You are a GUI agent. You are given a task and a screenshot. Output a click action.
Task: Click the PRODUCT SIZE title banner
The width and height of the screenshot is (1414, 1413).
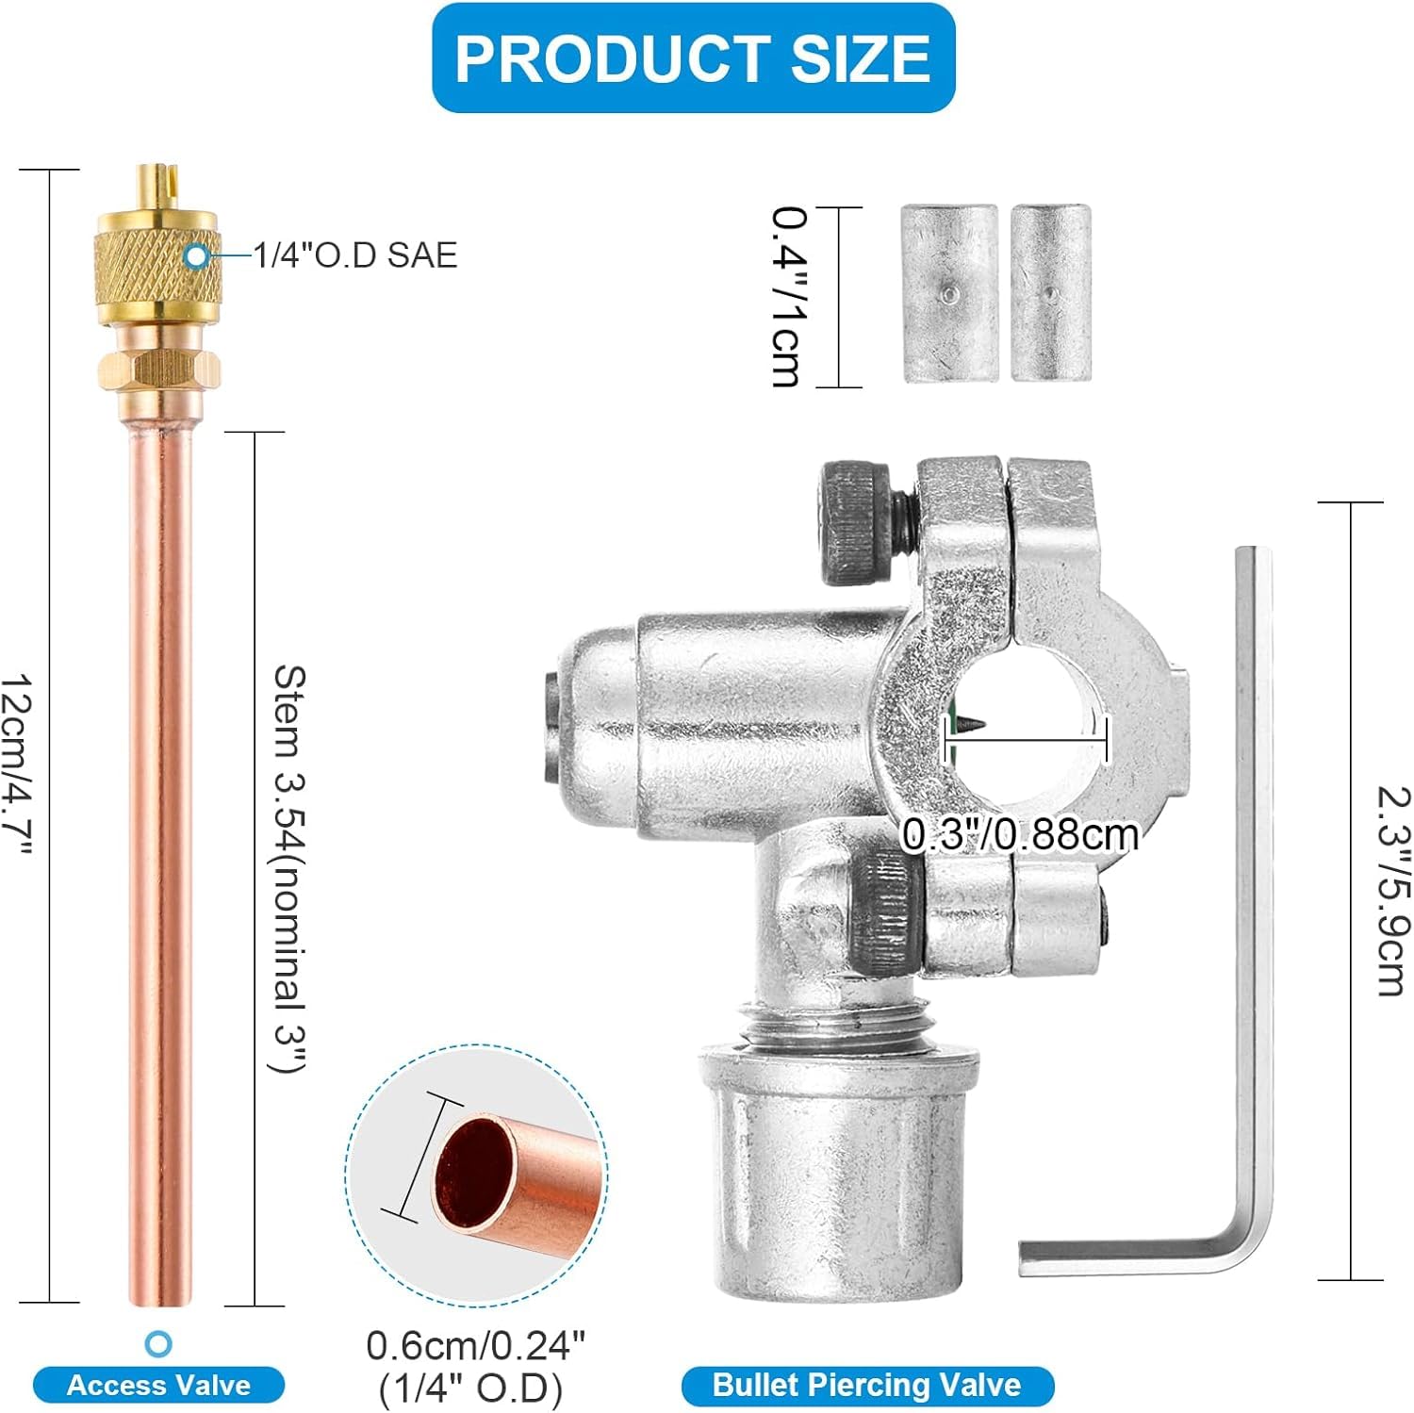click(x=693, y=58)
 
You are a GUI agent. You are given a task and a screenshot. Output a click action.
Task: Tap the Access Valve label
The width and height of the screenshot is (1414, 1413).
click(x=158, y=1385)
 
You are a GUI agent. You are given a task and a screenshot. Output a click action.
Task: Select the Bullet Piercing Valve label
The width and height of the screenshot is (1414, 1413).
click(x=866, y=1385)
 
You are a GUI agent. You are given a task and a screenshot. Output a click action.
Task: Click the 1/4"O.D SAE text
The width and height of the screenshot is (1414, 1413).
click(x=355, y=255)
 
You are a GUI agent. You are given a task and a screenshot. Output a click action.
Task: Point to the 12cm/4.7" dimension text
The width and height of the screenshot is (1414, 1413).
click(x=18, y=764)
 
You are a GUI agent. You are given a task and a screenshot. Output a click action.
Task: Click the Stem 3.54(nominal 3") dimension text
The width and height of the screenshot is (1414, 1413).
click(x=288, y=867)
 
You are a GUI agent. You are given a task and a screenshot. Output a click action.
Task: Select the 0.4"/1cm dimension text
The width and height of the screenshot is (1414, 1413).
click(x=787, y=297)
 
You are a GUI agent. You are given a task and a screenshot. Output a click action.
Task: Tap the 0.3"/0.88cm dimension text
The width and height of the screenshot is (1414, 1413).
click(x=1020, y=835)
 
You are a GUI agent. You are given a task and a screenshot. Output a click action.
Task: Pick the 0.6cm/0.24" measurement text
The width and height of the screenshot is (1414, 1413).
click(x=475, y=1346)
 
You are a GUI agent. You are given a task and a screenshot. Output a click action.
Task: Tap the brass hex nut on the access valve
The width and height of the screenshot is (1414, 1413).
click(x=158, y=369)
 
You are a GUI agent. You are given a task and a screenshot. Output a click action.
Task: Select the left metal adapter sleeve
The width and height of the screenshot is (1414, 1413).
click(x=949, y=294)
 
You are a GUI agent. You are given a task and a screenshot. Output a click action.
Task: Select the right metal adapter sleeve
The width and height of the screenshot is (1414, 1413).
click(x=1051, y=294)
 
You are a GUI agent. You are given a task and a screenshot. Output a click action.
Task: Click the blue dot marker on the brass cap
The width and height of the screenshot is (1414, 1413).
click(x=196, y=255)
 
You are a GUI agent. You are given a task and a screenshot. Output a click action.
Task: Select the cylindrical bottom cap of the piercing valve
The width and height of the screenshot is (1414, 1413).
click(x=831, y=1178)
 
